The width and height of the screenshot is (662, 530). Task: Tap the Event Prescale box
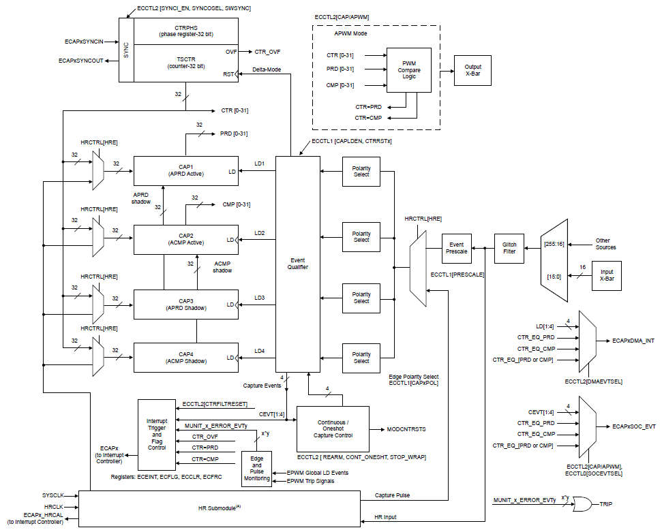click(456, 248)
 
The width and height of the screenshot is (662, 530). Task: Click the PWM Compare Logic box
click(409, 70)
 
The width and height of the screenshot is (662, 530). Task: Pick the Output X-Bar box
click(472, 70)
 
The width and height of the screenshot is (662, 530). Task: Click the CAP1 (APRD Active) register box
click(186, 170)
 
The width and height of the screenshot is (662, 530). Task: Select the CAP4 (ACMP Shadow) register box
click(186, 358)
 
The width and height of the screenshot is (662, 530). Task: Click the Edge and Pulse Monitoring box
click(256, 469)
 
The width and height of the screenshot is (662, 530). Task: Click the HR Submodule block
click(219, 508)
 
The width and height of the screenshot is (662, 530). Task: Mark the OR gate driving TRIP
click(583, 504)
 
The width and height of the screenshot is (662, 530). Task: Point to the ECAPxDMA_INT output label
click(633, 340)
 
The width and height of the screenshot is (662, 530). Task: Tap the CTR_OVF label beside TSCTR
click(267, 52)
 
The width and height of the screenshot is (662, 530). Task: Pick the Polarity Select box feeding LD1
click(361, 171)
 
